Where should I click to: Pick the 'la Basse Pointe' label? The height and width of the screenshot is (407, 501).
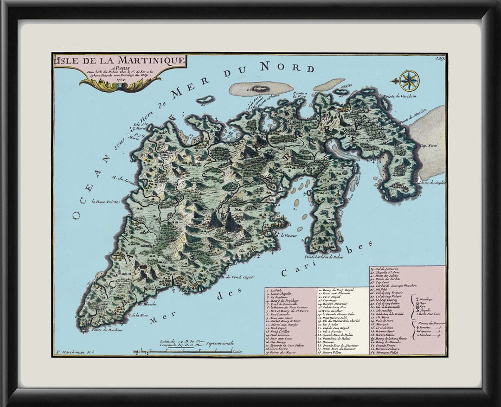(x=106, y=202)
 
